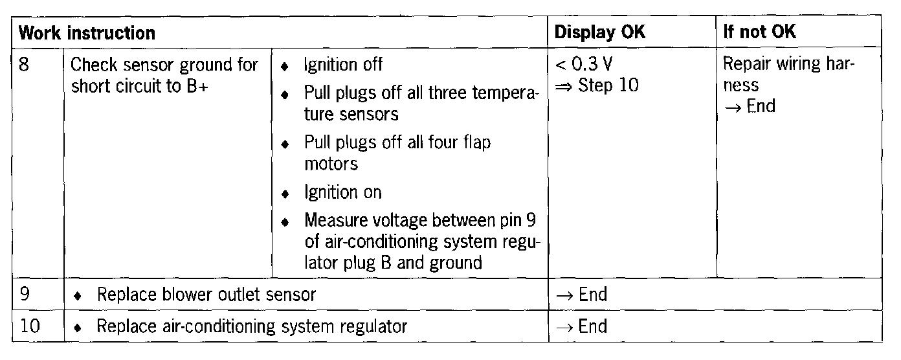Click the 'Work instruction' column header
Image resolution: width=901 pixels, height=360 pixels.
86,32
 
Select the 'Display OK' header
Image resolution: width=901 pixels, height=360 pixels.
600,32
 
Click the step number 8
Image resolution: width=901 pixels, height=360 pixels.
25,65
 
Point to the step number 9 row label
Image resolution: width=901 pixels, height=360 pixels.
25,295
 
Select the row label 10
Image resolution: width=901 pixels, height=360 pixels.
30,326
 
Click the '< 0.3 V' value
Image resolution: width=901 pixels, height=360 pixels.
583,65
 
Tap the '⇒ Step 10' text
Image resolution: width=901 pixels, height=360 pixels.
596,85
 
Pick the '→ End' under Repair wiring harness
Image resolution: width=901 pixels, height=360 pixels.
749,106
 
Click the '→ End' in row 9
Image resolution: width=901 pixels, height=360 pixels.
581,295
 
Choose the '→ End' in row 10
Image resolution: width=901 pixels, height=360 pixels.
581,326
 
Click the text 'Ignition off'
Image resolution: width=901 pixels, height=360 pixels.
343,65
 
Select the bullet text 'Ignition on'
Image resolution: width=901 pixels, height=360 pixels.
342,192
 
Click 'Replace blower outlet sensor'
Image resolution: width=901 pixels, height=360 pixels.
206,295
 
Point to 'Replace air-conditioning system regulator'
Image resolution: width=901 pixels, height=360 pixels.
251,326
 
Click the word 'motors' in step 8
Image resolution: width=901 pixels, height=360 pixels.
331,164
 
